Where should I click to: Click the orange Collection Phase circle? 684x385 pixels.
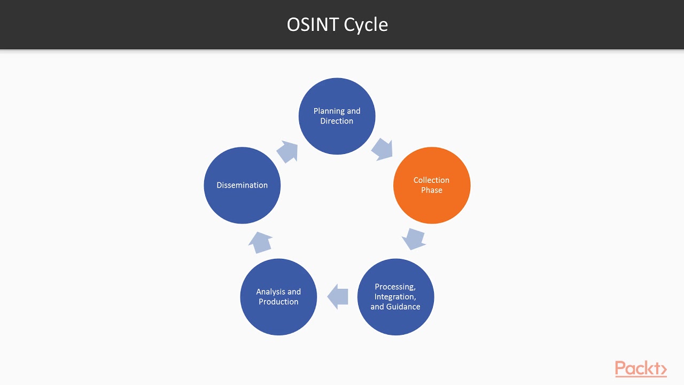(x=432, y=185)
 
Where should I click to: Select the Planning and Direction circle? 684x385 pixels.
(x=337, y=116)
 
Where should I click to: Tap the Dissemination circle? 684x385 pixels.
(x=242, y=185)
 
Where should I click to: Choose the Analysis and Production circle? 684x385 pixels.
(x=278, y=297)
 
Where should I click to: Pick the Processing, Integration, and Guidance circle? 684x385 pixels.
(x=395, y=297)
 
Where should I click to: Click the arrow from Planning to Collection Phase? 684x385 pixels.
(x=382, y=149)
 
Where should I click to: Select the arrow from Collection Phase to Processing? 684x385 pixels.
(x=414, y=239)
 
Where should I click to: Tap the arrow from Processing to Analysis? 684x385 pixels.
(x=338, y=296)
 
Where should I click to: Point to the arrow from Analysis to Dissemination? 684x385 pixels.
(x=260, y=242)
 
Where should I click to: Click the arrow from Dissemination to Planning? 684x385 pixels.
(x=287, y=151)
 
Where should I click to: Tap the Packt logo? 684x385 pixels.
(x=641, y=369)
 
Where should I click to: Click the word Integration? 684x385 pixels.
(x=395, y=297)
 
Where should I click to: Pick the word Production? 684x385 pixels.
(x=278, y=302)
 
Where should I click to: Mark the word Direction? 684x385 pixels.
(x=337, y=121)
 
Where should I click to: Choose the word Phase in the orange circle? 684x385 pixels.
(x=432, y=190)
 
